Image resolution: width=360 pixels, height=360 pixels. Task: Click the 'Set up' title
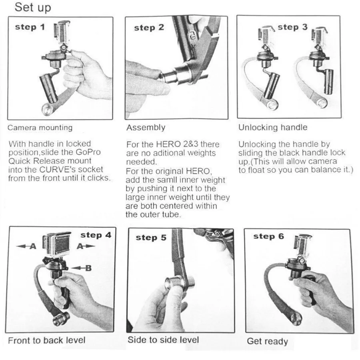point(33,7)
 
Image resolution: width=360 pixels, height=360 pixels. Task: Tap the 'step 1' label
point(30,27)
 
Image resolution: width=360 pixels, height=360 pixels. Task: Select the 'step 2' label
point(149,28)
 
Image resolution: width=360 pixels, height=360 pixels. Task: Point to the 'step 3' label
point(292,27)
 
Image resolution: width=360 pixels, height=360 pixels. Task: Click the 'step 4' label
point(96,235)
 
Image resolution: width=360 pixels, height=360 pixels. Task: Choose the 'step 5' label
point(151,238)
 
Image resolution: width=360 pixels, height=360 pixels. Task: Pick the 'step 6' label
point(269,236)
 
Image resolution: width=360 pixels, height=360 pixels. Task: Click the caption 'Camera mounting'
point(40,128)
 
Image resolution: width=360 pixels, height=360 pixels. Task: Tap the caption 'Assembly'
point(146,128)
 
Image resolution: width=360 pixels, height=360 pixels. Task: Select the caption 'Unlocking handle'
point(273,128)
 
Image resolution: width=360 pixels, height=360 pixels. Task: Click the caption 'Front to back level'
point(47,340)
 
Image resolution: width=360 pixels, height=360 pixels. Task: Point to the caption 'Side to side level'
point(163,340)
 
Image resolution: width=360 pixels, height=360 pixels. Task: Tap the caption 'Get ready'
point(268,341)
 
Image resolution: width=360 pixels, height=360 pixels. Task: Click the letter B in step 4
point(88,268)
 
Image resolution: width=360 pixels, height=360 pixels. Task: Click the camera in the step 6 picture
point(303,246)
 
